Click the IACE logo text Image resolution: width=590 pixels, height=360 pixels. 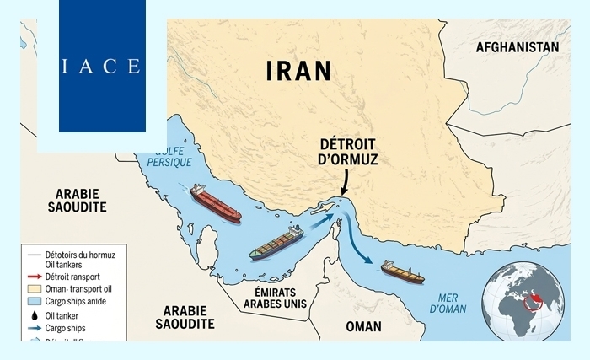pos(101,66)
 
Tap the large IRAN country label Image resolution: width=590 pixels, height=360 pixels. pos(298,70)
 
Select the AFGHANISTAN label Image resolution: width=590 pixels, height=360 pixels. pos(517,47)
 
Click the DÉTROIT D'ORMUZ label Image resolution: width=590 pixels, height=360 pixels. pos(349,151)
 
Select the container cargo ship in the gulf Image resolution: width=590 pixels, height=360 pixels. pos(276,243)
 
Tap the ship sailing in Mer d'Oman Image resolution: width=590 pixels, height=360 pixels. pos(403,271)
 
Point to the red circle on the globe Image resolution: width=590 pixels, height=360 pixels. pos(530,300)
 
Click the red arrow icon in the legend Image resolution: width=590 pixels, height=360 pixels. pos(33,275)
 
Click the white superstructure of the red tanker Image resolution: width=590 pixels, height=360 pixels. pos(196,192)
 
